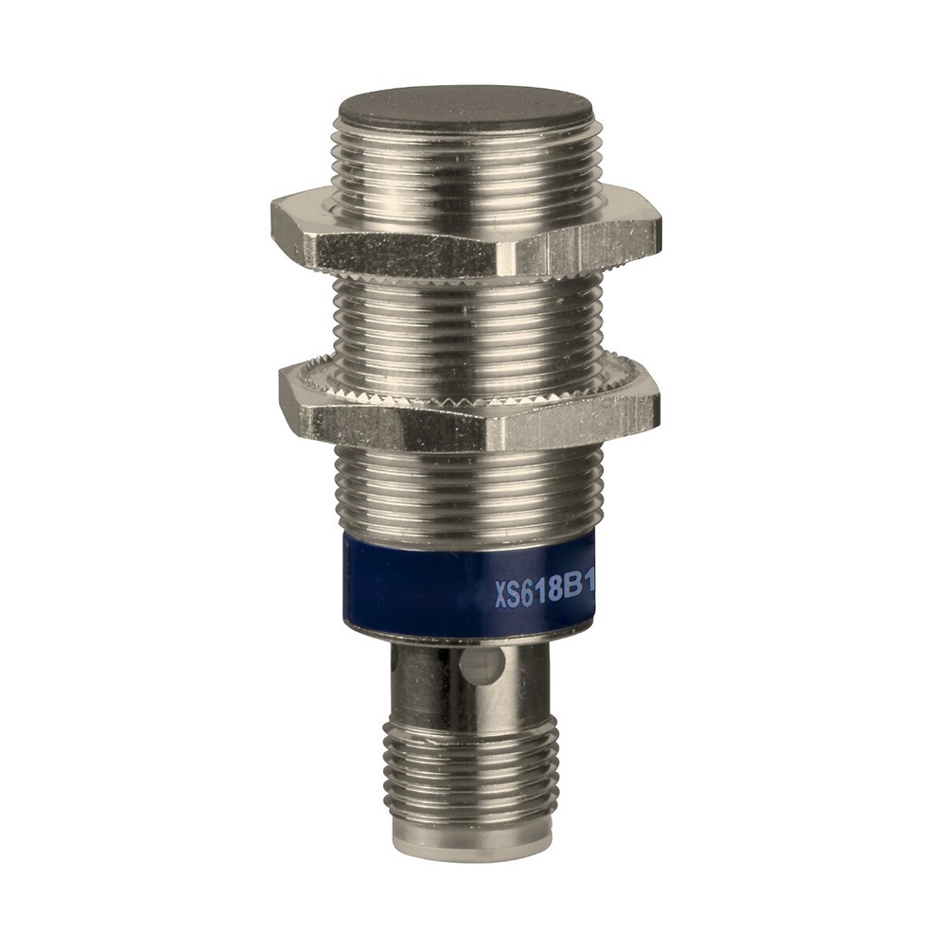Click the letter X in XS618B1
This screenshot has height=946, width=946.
point(501,594)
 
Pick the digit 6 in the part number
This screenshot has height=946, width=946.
point(527,593)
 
